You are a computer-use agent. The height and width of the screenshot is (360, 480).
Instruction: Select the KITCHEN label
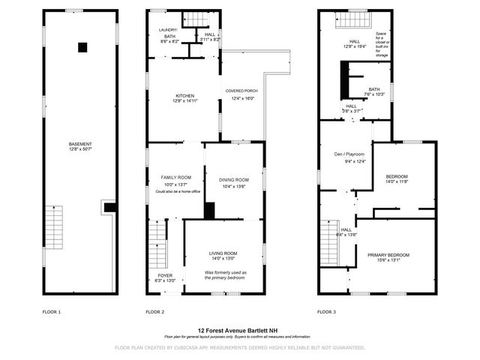click(184, 96)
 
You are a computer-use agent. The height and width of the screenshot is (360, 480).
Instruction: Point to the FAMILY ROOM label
click(176, 177)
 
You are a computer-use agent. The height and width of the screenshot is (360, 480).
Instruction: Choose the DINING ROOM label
click(233, 180)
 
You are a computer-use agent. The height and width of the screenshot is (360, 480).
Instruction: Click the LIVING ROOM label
click(223, 253)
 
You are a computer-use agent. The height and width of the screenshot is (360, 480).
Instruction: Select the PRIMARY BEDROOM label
click(388, 256)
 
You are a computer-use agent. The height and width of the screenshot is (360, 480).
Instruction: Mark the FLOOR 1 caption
click(52, 311)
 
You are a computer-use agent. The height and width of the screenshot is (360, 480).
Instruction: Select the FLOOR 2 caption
click(155, 311)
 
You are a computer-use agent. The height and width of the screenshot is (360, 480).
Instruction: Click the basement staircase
click(55, 229)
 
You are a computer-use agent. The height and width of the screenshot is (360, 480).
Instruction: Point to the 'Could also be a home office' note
click(177, 192)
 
